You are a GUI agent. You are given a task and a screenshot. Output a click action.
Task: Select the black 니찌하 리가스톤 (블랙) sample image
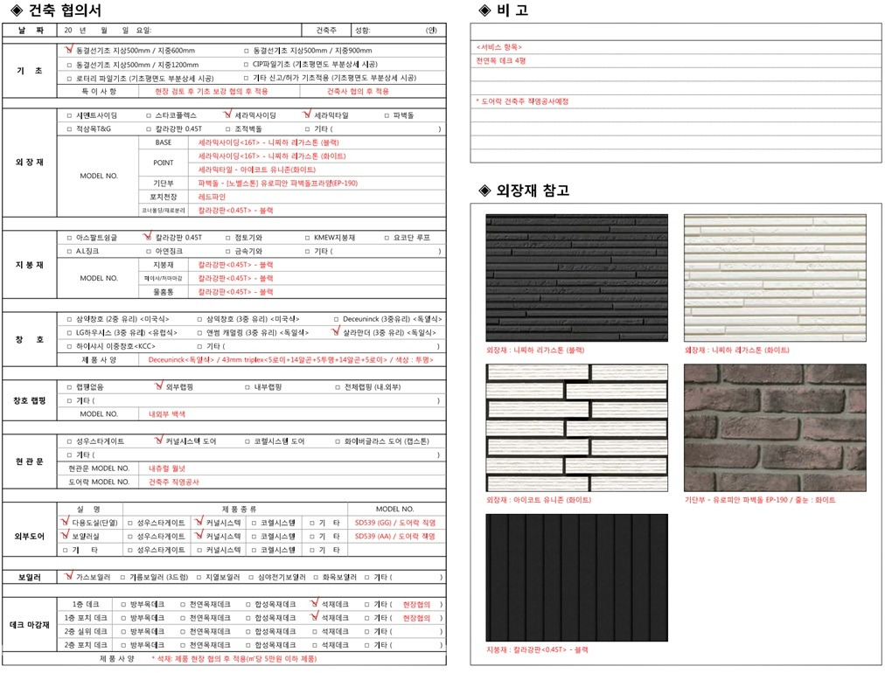[x=576, y=277]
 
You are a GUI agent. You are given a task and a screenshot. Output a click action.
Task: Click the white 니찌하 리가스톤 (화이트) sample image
[x=774, y=277]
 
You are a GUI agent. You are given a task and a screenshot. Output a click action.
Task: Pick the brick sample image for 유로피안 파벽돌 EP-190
[x=774, y=427]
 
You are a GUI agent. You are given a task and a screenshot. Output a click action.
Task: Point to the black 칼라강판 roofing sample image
[x=576, y=577]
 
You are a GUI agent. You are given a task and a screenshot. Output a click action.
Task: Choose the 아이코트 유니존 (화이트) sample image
[x=576, y=427]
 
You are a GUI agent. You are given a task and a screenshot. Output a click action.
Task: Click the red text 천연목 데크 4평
[x=501, y=61]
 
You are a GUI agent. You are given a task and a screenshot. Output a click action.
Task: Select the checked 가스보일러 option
[x=92, y=578]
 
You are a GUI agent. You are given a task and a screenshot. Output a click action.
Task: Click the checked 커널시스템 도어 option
[x=185, y=441]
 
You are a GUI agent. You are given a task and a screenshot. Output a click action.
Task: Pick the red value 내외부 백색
[x=167, y=413]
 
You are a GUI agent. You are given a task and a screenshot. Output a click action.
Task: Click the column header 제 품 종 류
[x=235, y=509]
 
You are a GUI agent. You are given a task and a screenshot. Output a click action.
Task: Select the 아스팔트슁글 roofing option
[x=96, y=238]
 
